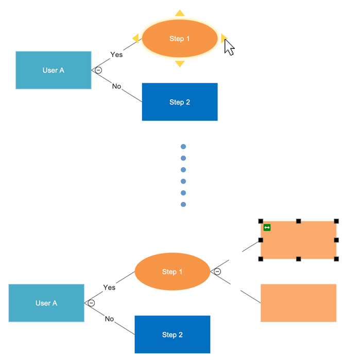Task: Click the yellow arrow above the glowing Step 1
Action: [180, 13]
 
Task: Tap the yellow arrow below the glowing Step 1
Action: [180, 64]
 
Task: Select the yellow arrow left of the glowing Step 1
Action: [135, 38]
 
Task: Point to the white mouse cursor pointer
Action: [229, 47]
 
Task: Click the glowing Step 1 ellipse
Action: [180, 39]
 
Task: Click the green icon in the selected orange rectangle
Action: [267, 227]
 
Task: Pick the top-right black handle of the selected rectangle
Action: [336, 221]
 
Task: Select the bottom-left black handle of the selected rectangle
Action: [261, 259]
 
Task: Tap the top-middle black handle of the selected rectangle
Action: [298, 221]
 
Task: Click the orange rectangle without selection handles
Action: [298, 303]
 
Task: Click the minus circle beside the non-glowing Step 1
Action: [217, 272]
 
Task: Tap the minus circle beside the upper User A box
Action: [98, 70]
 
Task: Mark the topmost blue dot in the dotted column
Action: [183, 147]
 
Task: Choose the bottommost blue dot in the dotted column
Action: [183, 205]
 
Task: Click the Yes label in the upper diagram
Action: [116, 55]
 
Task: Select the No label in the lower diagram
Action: [109, 319]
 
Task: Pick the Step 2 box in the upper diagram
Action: [180, 102]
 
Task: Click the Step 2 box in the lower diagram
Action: [173, 334]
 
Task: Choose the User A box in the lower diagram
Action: [46, 303]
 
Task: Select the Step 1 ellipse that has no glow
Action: [173, 272]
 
